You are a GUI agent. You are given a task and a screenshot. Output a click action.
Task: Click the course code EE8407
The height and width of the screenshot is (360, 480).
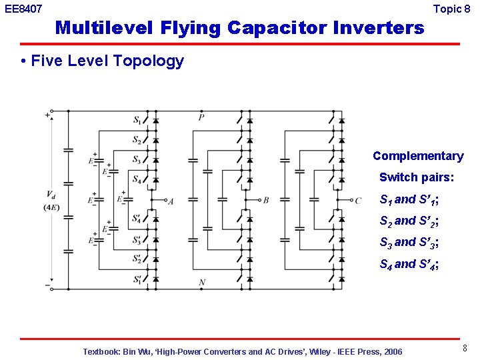[x=23, y=9]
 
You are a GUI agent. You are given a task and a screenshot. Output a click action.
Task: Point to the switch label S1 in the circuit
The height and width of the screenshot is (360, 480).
[x=137, y=121]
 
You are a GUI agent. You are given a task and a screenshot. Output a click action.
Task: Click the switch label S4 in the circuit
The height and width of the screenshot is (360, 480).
[x=137, y=179]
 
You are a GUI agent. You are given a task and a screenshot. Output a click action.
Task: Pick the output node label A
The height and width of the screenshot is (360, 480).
[x=171, y=201]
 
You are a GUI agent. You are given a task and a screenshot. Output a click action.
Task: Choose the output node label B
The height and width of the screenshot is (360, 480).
[x=265, y=200]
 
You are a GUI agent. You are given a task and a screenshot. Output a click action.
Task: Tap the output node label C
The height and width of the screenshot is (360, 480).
[x=358, y=200]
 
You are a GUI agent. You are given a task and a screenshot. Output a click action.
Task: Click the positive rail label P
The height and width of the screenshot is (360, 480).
[x=201, y=117]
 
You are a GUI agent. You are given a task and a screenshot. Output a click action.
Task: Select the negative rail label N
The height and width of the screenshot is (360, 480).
[x=201, y=283]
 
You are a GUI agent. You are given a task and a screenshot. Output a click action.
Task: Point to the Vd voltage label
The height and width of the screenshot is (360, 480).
[x=51, y=195]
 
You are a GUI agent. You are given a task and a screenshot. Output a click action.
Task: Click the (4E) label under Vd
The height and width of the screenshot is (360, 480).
[x=51, y=207]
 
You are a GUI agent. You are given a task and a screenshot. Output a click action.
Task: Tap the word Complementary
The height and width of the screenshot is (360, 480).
[x=418, y=156]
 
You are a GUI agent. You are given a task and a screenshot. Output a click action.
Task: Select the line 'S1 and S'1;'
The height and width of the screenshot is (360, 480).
[x=409, y=199]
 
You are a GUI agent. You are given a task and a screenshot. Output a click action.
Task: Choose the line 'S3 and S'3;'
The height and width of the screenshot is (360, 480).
[x=409, y=243]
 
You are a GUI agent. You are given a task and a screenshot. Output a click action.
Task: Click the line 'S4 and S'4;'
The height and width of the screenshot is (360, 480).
[x=409, y=264]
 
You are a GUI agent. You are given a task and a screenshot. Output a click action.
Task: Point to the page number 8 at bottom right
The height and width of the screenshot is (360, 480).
[x=463, y=348]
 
